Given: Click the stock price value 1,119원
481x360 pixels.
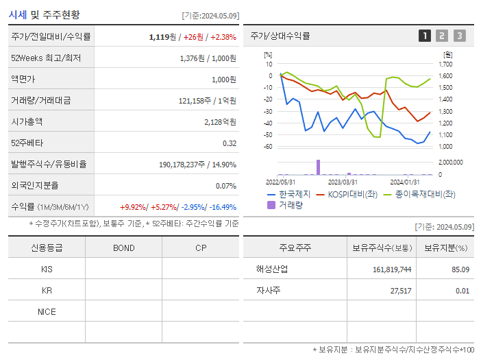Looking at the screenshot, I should point(164,37).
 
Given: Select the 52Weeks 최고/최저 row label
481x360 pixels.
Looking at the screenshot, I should point(46,58).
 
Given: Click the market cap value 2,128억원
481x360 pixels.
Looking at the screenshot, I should point(220,122).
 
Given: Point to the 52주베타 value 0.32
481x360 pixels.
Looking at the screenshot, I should point(229,143).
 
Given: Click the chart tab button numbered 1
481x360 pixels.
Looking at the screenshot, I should point(425,36).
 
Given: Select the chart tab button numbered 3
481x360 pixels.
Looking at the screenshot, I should point(459,36).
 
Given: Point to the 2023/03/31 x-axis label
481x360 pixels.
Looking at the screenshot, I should point(343,182).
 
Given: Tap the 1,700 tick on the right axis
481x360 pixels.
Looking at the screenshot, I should point(445,64).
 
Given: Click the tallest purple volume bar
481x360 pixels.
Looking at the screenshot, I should point(318,167).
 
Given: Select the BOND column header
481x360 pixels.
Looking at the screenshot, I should point(123,248).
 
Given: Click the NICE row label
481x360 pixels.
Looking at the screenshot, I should point(47,311).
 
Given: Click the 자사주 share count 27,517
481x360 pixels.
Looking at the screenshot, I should point(396,291).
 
